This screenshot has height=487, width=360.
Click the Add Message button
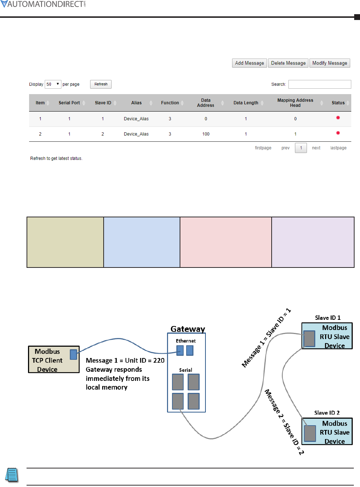249,63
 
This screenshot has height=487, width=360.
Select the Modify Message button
329,63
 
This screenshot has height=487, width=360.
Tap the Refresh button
101,84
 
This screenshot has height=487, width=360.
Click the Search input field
320,84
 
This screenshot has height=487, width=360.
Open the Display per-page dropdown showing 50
53,84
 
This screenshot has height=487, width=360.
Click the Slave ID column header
103,103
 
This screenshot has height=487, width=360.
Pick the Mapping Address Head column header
295,103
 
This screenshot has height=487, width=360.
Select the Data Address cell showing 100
206,134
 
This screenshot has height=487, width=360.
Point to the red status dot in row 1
338,118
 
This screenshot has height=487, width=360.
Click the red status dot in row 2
338,133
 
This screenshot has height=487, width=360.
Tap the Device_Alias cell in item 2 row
136,134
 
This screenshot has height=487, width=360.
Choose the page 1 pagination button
301,148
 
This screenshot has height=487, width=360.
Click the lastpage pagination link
338,148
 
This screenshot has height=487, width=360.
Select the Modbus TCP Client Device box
53,360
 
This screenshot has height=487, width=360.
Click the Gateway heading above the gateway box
188,329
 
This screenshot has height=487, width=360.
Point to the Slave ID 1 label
328,318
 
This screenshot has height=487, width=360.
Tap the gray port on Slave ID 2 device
310,433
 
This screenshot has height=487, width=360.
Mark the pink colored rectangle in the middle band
225,242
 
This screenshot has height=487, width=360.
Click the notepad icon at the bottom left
12,475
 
